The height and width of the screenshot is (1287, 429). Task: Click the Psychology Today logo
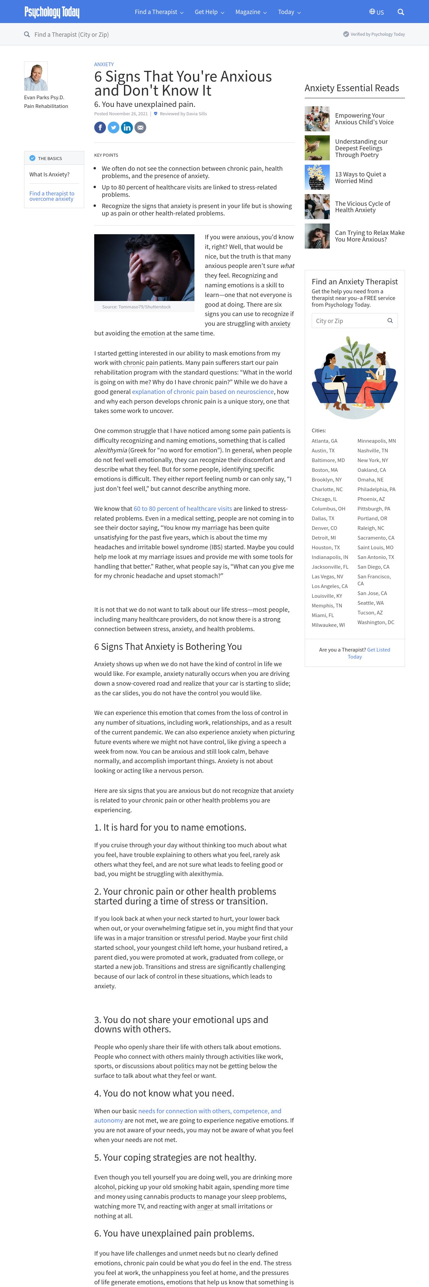point(52,12)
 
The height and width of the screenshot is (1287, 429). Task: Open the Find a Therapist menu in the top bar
point(159,12)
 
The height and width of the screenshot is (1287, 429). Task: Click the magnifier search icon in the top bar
point(401,12)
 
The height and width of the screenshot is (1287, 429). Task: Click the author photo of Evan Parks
point(36,76)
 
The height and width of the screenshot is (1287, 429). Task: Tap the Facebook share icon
point(100,127)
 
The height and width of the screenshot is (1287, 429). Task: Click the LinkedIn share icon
point(127,127)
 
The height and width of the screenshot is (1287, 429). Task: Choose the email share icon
point(140,127)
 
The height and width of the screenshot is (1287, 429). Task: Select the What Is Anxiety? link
point(49,174)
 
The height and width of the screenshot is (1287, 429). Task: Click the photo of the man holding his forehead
point(144,267)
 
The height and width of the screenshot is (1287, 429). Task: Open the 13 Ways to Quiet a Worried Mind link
point(360,177)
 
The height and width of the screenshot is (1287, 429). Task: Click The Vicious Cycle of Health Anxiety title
point(362,207)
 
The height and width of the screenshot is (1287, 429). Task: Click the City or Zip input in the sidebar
point(349,321)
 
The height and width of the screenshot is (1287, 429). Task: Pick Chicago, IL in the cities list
point(324,499)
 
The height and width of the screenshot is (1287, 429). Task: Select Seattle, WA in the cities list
point(370,603)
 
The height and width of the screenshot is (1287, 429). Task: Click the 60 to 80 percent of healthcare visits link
point(182,509)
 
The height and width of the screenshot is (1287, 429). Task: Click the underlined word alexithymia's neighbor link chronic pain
point(140,363)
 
